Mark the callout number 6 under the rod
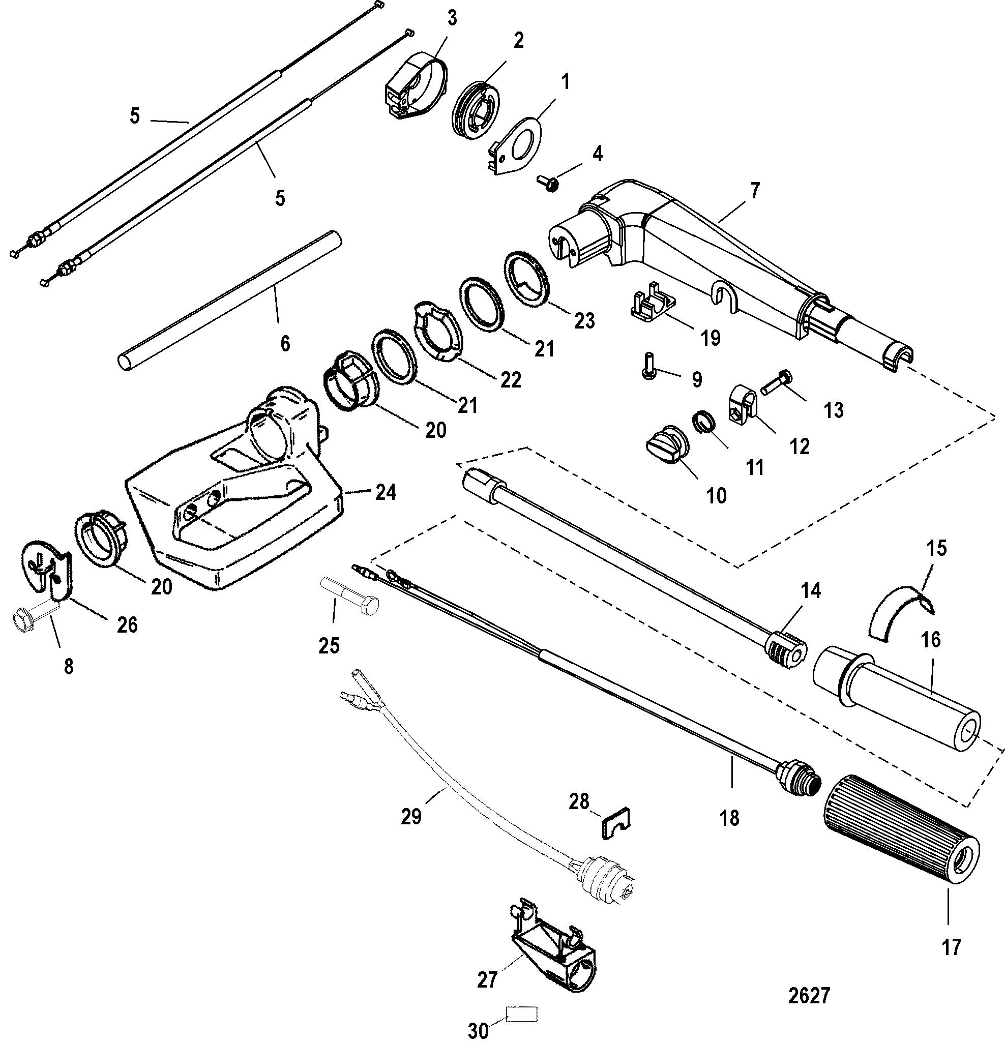point(285,344)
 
